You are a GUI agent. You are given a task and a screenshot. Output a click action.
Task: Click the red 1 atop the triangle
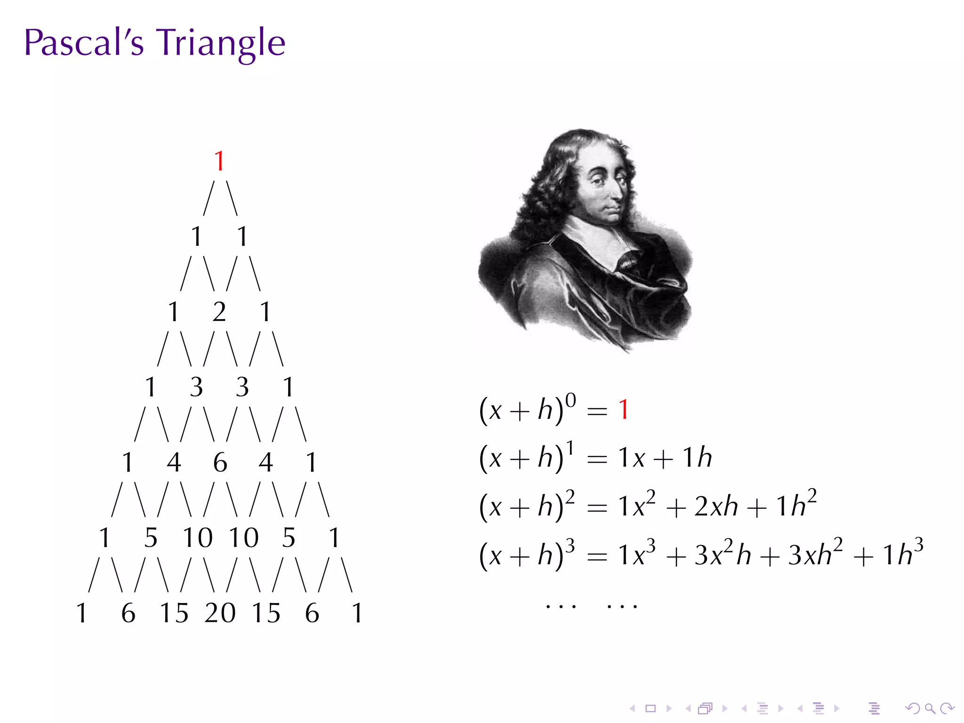point(219,161)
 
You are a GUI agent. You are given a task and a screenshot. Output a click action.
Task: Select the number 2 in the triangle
point(219,312)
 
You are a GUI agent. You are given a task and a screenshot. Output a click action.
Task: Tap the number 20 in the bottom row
point(220,613)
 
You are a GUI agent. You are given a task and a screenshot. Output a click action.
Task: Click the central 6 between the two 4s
point(220,462)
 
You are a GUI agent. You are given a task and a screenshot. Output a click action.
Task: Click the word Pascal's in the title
point(84,42)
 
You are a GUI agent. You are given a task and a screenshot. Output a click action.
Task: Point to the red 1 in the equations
point(624,410)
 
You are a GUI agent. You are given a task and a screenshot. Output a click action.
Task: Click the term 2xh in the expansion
point(716,506)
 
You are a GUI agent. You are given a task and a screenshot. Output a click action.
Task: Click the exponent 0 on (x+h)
point(570,400)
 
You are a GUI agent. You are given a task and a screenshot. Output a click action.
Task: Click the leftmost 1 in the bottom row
point(82,613)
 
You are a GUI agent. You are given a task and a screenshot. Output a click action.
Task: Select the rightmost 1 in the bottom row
point(357,613)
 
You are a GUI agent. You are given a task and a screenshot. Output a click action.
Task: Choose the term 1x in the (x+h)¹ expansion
point(631,458)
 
